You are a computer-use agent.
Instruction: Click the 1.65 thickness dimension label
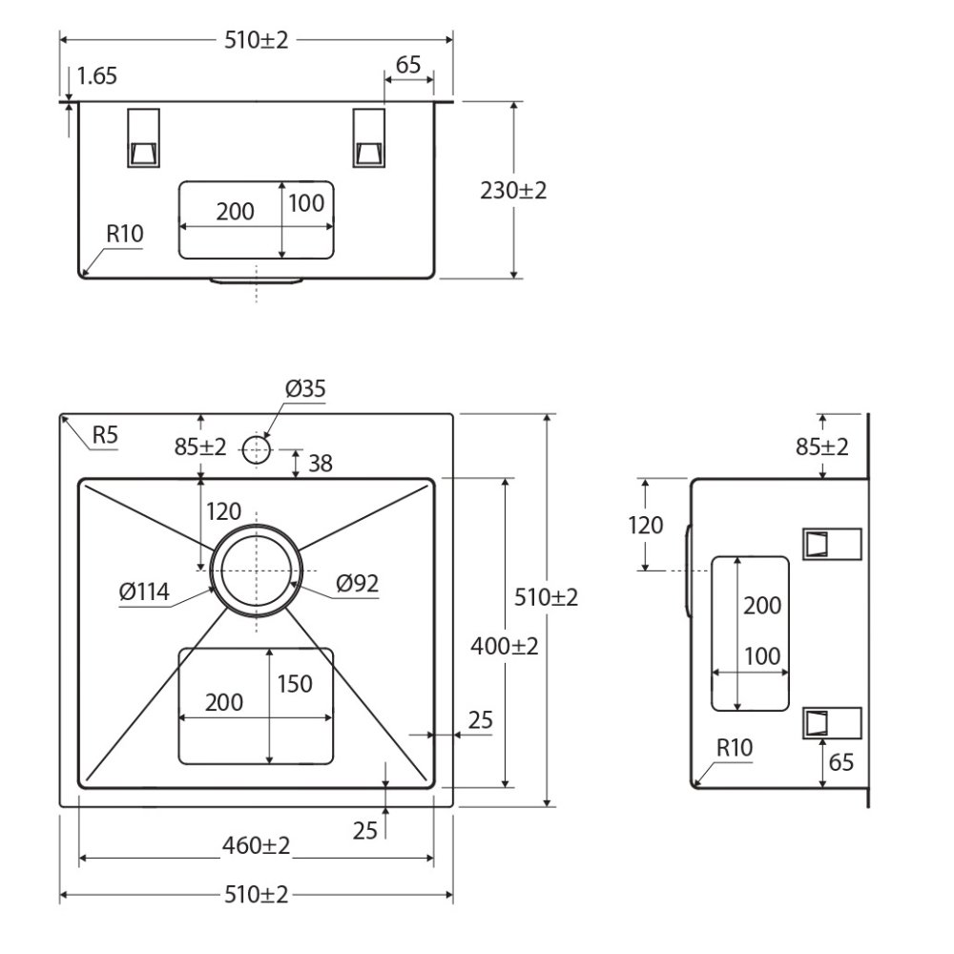point(96,76)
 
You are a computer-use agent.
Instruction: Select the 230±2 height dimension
point(513,191)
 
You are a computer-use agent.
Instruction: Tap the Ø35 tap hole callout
point(305,388)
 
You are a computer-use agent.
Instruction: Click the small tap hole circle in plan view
point(256,450)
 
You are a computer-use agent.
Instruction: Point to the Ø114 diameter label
point(144,591)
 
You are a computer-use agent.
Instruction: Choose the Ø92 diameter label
point(357,584)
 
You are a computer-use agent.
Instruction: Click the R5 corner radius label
point(105,435)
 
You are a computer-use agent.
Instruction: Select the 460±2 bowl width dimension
point(256,845)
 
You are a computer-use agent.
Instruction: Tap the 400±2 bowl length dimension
point(505,646)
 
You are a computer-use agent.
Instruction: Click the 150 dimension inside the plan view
point(295,684)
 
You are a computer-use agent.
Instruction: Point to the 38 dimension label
point(321,464)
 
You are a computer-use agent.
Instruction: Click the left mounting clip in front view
point(144,138)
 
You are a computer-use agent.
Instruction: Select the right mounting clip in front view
point(368,138)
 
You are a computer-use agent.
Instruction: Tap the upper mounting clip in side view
point(832,544)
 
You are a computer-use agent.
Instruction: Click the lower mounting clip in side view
point(832,723)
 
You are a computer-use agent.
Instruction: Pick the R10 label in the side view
point(735,747)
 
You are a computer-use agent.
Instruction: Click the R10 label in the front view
point(125,234)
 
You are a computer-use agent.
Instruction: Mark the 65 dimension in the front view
point(408,65)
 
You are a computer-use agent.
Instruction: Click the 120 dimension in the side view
point(646,525)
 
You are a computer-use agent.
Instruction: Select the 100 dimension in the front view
point(306,203)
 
